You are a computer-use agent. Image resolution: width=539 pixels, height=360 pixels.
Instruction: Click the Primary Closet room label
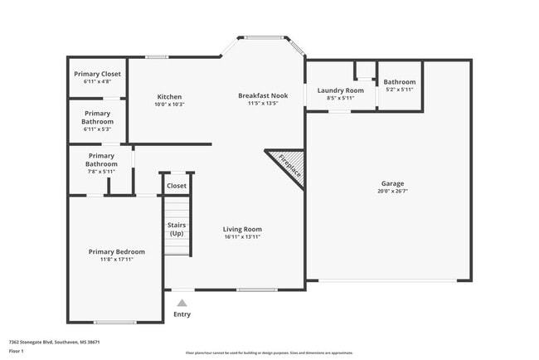pyautogui.click(x=96, y=74)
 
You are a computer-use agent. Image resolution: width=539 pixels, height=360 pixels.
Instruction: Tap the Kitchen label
pyautogui.click(x=169, y=97)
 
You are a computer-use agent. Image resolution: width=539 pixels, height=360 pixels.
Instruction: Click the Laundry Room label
pyautogui.click(x=341, y=90)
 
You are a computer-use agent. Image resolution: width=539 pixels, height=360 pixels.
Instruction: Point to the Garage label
pyautogui.click(x=392, y=183)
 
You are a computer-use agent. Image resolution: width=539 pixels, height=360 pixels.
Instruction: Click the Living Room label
pyautogui.click(x=242, y=229)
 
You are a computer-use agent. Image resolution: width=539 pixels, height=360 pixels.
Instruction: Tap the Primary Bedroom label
pyautogui.click(x=116, y=252)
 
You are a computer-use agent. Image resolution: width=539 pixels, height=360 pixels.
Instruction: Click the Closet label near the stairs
pyautogui.click(x=177, y=186)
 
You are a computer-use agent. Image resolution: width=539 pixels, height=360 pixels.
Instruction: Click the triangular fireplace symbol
pyautogui.click(x=285, y=163)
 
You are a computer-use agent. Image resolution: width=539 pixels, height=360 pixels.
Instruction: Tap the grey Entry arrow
pyautogui.click(x=182, y=303)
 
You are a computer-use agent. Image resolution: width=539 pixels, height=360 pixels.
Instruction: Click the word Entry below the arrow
pyautogui.click(x=182, y=314)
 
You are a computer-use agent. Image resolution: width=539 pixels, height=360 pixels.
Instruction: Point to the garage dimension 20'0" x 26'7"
pyautogui.click(x=392, y=191)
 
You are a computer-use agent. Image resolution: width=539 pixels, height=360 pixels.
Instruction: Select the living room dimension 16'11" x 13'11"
pyautogui.click(x=242, y=237)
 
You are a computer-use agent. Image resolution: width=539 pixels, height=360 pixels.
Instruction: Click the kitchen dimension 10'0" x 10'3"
pyautogui.click(x=169, y=105)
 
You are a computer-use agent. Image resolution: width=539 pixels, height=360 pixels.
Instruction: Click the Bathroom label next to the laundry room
pyautogui.click(x=400, y=82)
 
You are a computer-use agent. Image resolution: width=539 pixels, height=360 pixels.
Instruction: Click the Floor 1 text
pyautogui.click(x=16, y=351)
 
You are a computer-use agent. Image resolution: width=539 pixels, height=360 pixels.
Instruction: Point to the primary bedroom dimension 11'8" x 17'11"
pyautogui.click(x=116, y=260)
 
